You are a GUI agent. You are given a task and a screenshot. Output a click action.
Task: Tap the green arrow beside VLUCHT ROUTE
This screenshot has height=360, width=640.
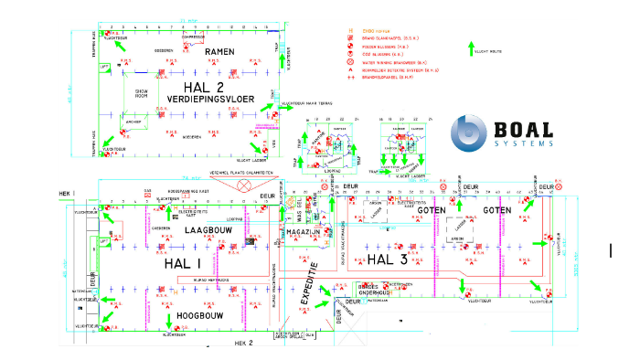471,48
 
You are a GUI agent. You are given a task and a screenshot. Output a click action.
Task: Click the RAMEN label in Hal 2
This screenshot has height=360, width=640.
220,52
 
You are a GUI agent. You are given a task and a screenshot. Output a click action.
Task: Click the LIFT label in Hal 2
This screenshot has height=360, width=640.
104,67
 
